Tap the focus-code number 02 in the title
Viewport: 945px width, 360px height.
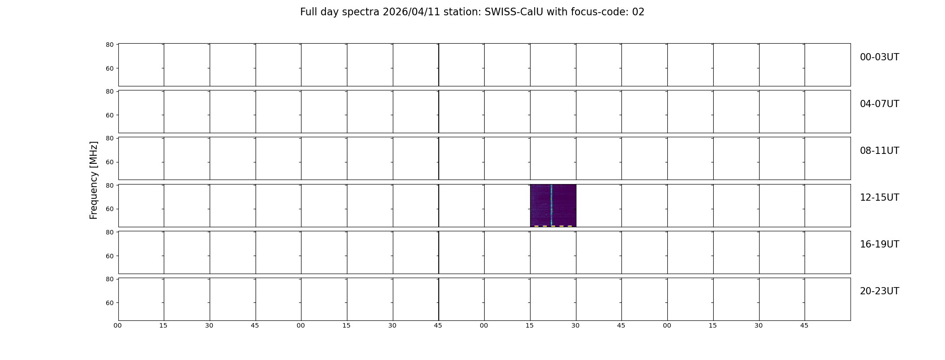(638, 12)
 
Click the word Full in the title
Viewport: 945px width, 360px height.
(307, 12)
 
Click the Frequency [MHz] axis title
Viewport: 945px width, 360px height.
(94, 180)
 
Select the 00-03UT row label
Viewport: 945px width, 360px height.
(879, 57)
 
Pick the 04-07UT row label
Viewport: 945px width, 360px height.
(879, 104)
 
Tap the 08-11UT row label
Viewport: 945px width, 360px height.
(879, 151)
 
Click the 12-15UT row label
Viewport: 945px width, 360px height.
(879, 198)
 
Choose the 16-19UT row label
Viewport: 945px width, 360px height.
(879, 244)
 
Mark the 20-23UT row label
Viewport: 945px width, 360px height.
(879, 291)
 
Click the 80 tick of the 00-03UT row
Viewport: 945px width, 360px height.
(110, 45)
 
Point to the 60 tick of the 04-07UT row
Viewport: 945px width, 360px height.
(110, 115)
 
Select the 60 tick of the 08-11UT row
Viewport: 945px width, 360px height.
(110, 162)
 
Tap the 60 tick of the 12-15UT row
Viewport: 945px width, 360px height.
(110, 209)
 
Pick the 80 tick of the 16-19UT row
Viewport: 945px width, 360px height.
(110, 232)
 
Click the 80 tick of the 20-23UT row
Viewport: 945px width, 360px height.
(110, 279)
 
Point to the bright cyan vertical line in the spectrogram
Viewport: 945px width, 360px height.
(551, 205)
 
